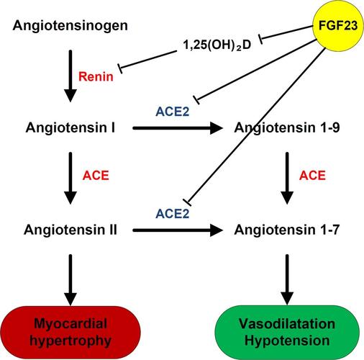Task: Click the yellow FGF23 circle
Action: tap(338, 25)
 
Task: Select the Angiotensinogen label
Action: tap(70, 26)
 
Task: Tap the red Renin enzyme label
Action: tap(96, 77)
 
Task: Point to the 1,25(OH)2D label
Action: tap(217, 45)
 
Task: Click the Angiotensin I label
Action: tap(70, 127)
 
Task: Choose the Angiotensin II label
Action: tap(70, 230)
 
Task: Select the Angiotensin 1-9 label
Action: tap(287, 127)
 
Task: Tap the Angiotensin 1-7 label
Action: tap(287, 230)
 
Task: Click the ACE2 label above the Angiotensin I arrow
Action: tap(173, 112)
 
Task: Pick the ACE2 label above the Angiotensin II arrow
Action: tap(173, 214)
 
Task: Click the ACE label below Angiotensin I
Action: tap(96, 176)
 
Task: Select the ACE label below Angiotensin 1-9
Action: tap(312, 176)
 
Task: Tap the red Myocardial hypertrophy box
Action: tap(70, 333)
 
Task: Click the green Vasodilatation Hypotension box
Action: tap(287, 333)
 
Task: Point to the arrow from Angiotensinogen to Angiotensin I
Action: tap(70, 76)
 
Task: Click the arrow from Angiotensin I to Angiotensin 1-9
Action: tap(178, 128)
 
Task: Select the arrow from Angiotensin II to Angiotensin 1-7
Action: tap(178, 230)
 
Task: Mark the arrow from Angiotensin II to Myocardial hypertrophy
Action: tap(70, 280)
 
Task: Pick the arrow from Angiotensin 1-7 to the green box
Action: tap(287, 280)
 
